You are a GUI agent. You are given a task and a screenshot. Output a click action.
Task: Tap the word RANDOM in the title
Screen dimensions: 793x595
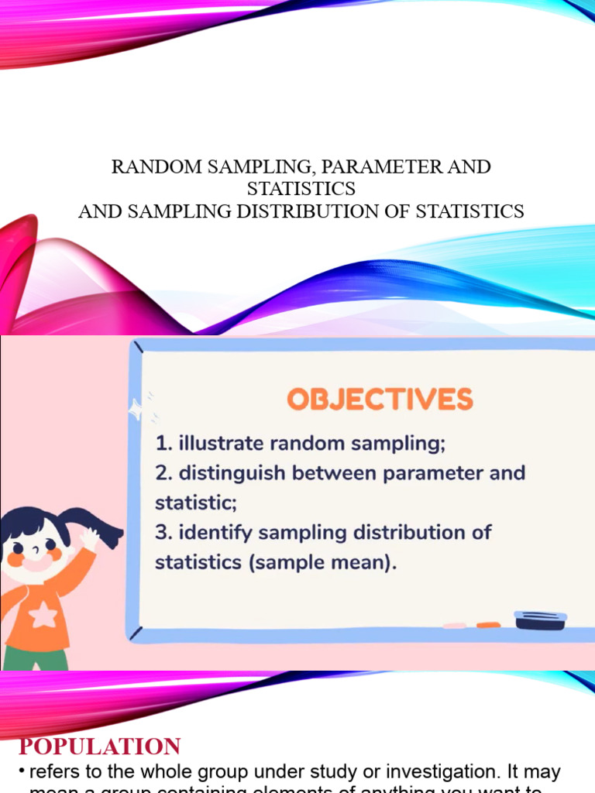pos(151,166)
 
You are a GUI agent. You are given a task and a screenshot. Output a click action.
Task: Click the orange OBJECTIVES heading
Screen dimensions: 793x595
pos(380,400)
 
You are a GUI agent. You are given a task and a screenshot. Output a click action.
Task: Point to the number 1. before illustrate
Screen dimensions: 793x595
pos(163,445)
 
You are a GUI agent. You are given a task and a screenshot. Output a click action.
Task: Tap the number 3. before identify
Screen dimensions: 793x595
pos(163,533)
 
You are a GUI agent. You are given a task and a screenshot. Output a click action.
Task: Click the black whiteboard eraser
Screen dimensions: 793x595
pos(540,620)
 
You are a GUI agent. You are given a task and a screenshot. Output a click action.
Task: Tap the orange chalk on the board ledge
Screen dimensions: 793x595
pos(488,624)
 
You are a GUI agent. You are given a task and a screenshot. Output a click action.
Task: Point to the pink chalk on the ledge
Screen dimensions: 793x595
pos(455,624)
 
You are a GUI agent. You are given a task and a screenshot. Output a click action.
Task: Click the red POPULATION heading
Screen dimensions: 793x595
pos(99,747)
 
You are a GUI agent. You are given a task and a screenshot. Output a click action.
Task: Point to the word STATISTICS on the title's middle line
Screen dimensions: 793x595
pos(301,188)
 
